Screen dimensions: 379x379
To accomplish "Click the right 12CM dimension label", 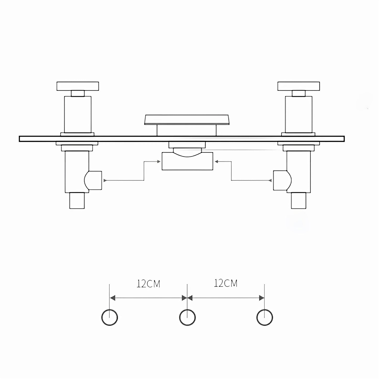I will point(226,283).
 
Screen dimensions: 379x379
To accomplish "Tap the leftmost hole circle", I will point(109,318).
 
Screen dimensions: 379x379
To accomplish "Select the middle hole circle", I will point(187,318).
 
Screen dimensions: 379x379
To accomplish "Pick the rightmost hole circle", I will point(265,318).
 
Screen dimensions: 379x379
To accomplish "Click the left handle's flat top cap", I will point(78,86).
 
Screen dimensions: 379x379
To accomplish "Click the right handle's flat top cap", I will point(298,86).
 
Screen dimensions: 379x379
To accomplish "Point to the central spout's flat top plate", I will point(187,119).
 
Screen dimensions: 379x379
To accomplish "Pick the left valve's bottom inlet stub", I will point(77,201).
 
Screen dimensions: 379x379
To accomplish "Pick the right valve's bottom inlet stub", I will point(299,201).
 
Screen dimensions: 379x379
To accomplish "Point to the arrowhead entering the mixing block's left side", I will point(159,162).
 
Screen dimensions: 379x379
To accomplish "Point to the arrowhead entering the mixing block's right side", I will point(216,162).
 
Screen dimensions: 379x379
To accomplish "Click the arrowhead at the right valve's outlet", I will point(270,180).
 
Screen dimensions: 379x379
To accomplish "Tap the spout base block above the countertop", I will point(186,130).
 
